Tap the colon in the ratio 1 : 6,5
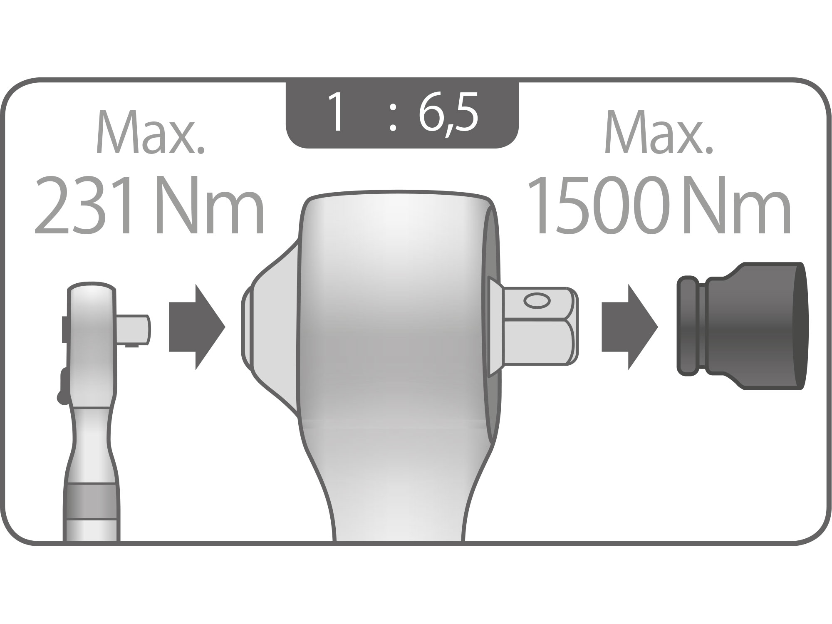click(392, 118)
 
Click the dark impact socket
click(753, 327)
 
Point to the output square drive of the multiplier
click(539, 327)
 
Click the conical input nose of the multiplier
click(270, 327)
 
